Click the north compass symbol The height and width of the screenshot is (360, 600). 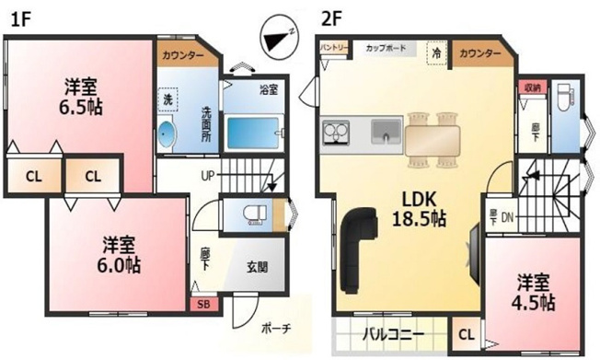click(277, 37)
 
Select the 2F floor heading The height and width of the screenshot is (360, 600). click(332, 17)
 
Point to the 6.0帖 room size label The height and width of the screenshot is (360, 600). click(120, 255)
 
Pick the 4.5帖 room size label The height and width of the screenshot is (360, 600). click(535, 291)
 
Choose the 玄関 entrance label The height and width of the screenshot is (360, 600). click(258, 268)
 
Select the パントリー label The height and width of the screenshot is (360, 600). click(333, 46)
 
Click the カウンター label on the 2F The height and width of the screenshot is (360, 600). click(479, 54)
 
